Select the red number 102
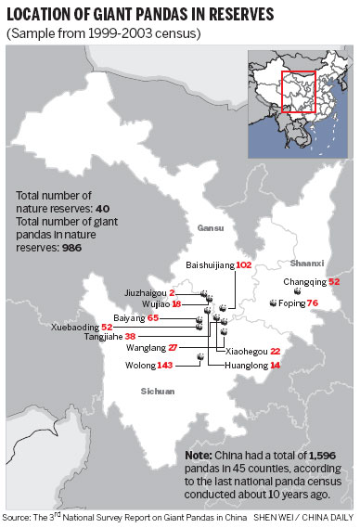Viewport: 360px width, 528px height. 244,264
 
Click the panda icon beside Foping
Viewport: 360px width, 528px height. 273,303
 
